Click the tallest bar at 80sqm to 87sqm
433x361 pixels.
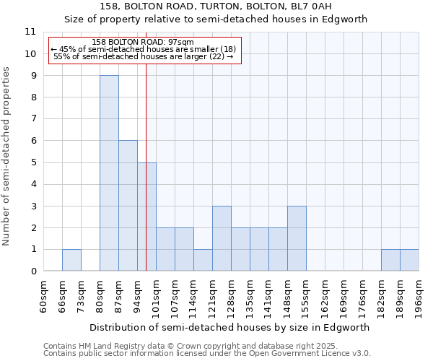click(x=109, y=173)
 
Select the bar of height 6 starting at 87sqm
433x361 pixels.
click(x=128, y=206)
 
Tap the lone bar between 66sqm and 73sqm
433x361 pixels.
click(x=71, y=261)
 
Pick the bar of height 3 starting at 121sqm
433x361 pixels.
click(x=222, y=238)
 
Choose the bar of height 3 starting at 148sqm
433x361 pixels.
click(x=297, y=238)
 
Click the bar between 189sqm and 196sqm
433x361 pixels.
click(x=409, y=261)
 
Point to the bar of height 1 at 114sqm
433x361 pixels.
click(x=203, y=261)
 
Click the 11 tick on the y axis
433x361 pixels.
click(x=30, y=32)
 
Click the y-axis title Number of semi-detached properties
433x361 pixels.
click(x=7, y=156)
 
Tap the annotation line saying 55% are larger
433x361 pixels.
click(x=144, y=56)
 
